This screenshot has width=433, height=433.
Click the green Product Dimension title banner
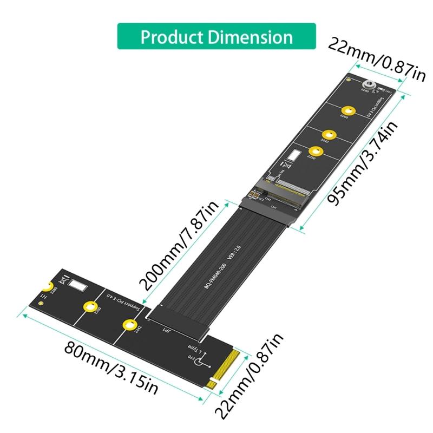[x=216, y=36]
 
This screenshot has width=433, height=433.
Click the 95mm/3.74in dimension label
[x=363, y=162]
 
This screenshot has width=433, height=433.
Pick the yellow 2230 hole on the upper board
[x=318, y=151]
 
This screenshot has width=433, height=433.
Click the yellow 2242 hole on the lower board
[x=128, y=325]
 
